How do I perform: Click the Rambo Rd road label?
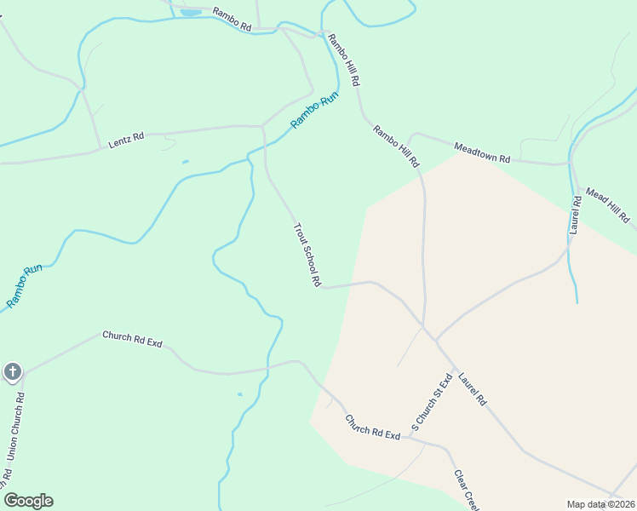click(232, 20)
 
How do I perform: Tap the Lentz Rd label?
click(126, 141)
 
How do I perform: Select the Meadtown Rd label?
click(482, 153)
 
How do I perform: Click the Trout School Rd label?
click(307, 255)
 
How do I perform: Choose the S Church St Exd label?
click(430, 403)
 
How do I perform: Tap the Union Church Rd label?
click(15, 426)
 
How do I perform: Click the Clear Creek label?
click(468, 490)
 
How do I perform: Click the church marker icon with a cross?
click(12, 371)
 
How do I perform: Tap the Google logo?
click(28, 501)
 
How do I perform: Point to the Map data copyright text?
click(600, 504)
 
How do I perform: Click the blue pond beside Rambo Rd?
click(191, 13)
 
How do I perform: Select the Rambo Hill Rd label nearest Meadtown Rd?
click(396, 146)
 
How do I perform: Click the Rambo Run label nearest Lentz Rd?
click(314, 109)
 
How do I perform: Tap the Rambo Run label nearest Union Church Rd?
click(25, 286)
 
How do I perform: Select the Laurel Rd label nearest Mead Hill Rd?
click(576, 215)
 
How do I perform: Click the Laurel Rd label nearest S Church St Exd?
click(471, 388)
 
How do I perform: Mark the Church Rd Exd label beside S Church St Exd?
click(372, 428)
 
